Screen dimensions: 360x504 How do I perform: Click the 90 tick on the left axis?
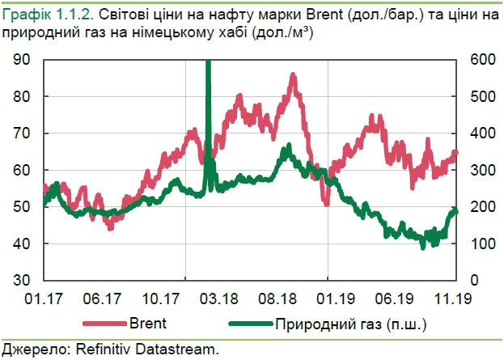pyautogui.click(x=21, y=61)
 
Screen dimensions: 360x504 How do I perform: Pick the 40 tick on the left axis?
pyautogui.click(x=21, y=244)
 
